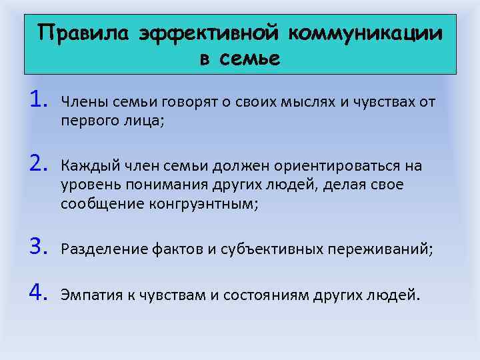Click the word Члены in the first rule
[80, 102]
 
